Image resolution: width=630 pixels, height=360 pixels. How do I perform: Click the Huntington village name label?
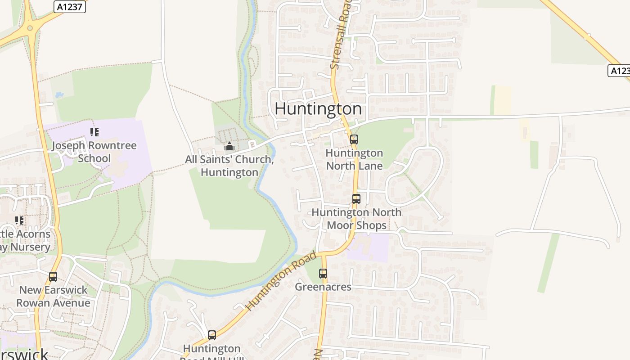pyautogui.click(x=318, y=109)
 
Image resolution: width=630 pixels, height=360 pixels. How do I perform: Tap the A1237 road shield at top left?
pyautogui.click(x=70, y=7)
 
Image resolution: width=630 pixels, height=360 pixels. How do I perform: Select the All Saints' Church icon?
pyautogui.click(x=229, y=146)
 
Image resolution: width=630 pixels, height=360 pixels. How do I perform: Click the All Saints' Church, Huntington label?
pyautogui.click(x=229, y=166)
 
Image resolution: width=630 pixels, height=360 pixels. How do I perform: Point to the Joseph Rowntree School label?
pyautogui.click(x=94, y=152)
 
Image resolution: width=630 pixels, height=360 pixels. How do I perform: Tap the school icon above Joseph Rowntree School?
pyautogui.click(x=94, y=132)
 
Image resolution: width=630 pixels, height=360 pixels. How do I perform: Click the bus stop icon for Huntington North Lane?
pyautogui.click(x=354, y=139)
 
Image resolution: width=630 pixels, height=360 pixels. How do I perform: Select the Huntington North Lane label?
pyautogui.click(x=354, y=159)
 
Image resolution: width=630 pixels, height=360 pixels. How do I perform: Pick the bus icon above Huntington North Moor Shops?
pyautogui.click(x=356, y=199)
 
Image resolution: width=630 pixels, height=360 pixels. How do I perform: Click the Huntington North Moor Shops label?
pyautogui.click(x=356, y=219)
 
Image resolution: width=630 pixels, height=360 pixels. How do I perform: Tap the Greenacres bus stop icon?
pyautogui.click(x=323, y=273)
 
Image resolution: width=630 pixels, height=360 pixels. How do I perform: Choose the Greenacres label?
pyautogui.click(x=323, y=287)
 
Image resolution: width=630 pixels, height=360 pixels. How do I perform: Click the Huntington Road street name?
pyautogui.click(x=281, y=281)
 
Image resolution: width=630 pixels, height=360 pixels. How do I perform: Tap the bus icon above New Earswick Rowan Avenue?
pyautogui.click(x=53, y=277)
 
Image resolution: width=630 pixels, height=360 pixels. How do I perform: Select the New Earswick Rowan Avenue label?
pyautogui.click(x=53, y=296)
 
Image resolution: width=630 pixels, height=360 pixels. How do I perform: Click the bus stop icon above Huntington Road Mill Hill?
pyautogui.click(x=212, y=335)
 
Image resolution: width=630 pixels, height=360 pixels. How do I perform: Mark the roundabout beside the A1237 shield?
pyautogui.click(x=30, y=28)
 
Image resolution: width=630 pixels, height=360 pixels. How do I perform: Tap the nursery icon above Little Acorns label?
pyautogui.click(x=19, y=220)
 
